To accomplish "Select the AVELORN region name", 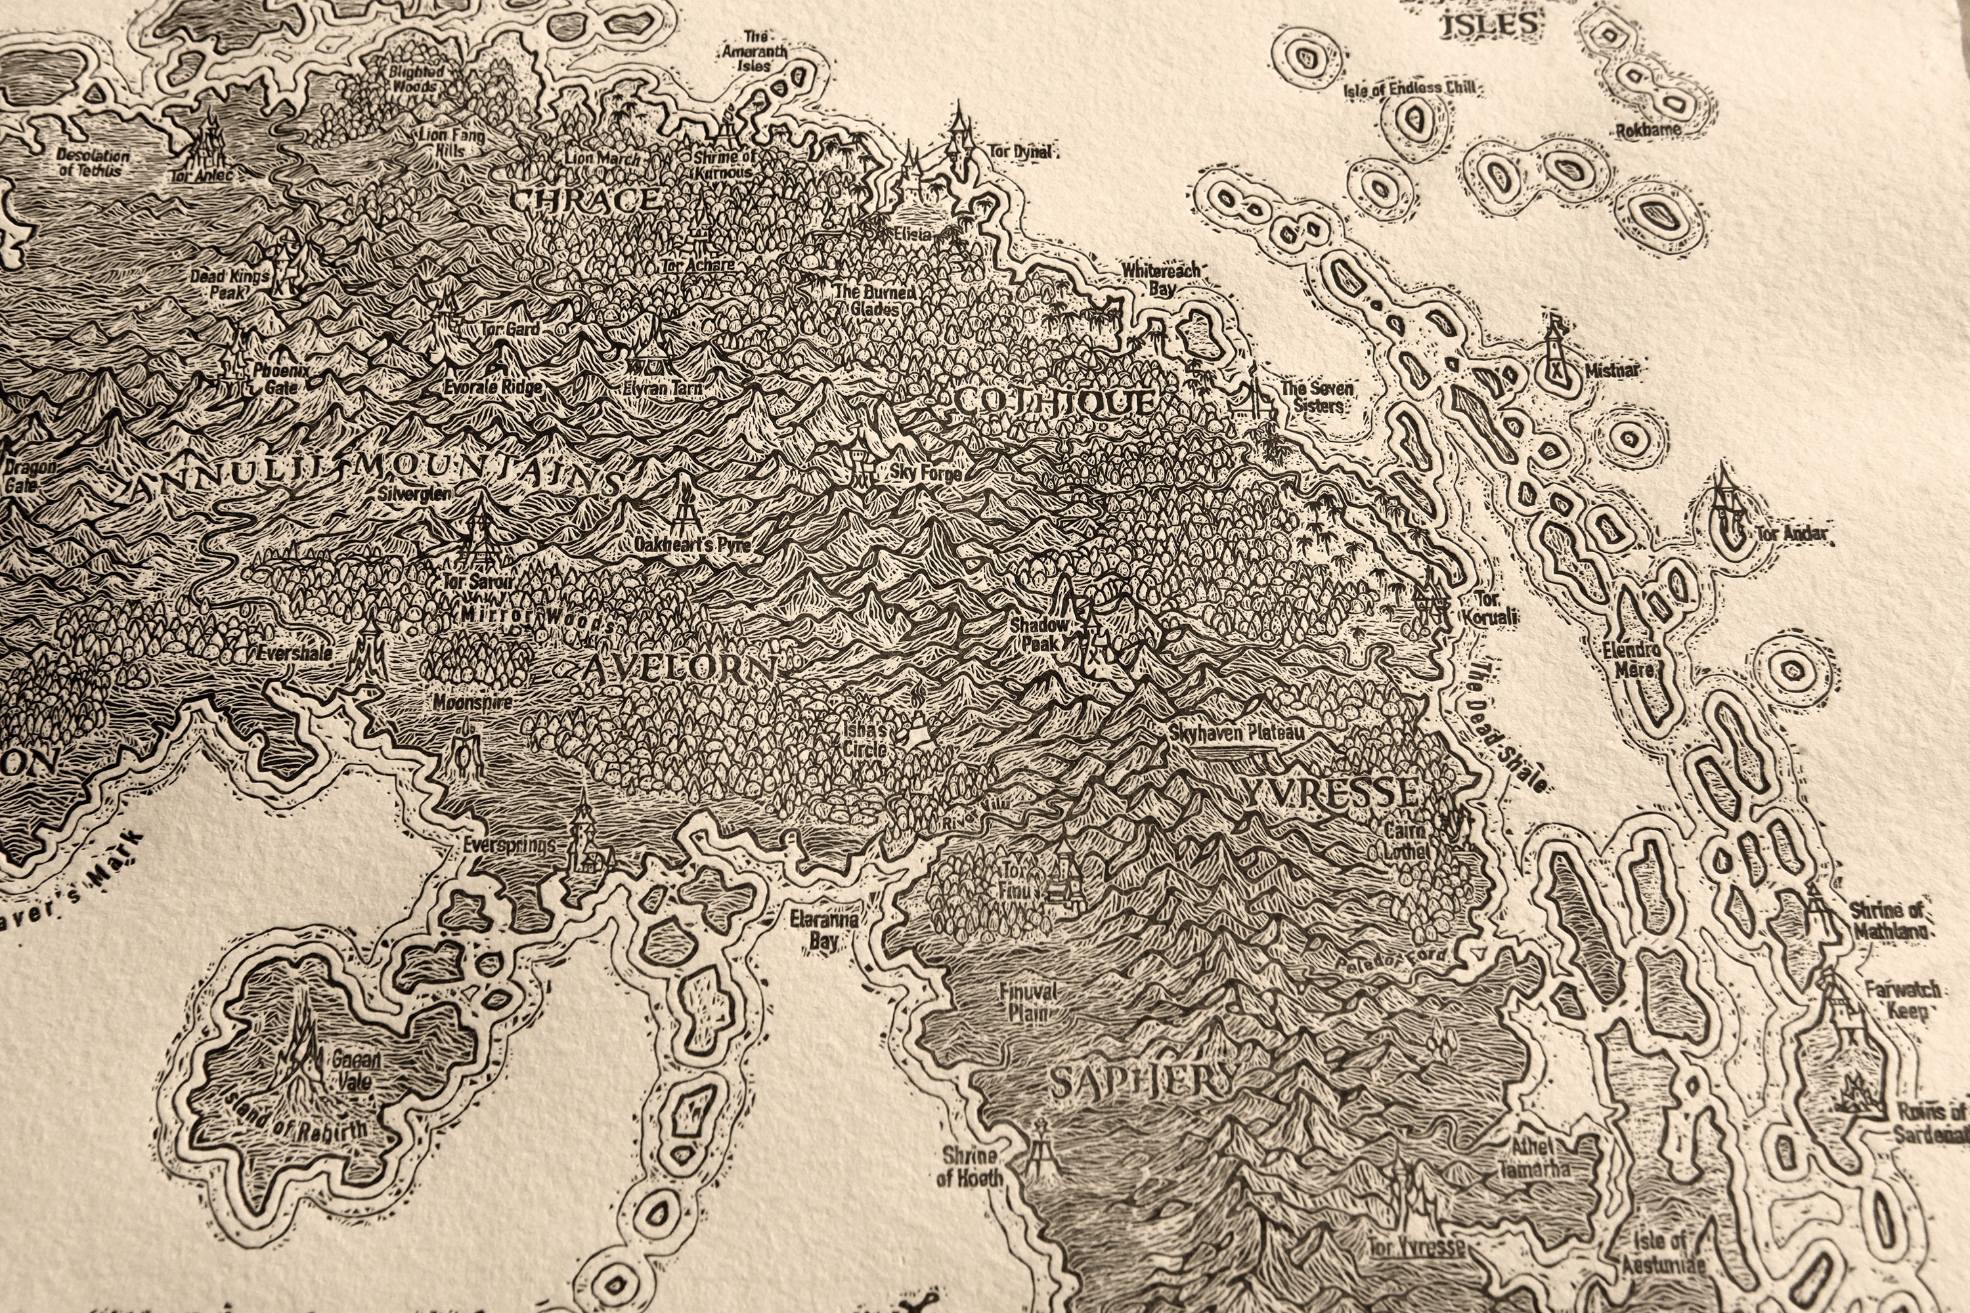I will coord(678,668).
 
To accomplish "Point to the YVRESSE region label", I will coord(1332,791).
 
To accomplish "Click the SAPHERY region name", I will coord(1141,1083).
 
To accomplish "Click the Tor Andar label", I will coord(1791,532).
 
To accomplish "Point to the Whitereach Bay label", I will coord(1162,279).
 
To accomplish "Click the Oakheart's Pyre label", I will coord(692,545).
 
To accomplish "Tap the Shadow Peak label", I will coord(1039,634).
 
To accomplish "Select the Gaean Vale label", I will coord(356,1069).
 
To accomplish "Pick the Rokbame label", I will coord(1648,131).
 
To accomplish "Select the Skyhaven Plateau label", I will coord(1237,733).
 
